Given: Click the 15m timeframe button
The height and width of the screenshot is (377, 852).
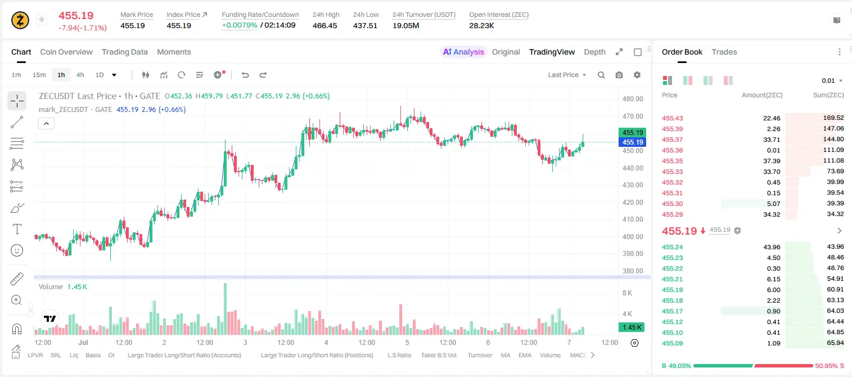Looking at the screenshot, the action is coord(39,75).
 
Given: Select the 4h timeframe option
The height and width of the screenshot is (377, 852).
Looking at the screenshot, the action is coord(80,75).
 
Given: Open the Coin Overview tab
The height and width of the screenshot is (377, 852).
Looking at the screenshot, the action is coord(66,52).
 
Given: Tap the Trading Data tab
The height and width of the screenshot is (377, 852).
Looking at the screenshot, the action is coord(124,52).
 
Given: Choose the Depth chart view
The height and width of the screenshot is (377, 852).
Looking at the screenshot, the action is coord(594,52).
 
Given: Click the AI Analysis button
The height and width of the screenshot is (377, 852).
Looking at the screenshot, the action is coord(463,52).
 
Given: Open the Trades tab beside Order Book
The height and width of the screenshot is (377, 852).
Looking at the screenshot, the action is coord(724,52).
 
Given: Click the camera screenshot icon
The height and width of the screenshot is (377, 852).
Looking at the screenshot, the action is coord(619,75).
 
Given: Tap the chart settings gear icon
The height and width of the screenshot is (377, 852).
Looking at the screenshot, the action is coord(637,75).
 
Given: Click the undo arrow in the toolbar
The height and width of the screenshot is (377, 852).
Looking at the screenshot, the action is coord(245,75).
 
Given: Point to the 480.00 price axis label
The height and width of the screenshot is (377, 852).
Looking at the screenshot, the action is coord(633,99).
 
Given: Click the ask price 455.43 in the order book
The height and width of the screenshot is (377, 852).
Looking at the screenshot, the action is coord(672,118).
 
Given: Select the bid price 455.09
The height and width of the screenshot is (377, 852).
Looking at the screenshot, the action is coord(672,343).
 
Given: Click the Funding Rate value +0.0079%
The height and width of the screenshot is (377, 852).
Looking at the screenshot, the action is coord(240,25).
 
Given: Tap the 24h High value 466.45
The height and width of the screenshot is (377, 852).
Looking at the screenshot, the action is coord(325,25).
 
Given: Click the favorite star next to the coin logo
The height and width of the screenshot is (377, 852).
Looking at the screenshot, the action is coord(42,19).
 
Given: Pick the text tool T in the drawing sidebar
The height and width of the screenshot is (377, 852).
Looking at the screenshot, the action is coord(17,229).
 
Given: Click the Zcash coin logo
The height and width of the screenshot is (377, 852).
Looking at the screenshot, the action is coord(20,20).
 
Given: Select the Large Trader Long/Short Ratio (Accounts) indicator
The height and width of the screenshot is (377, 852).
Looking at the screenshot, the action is coord(184,355).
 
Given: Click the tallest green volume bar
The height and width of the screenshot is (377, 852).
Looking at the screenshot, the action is coord(225,309).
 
